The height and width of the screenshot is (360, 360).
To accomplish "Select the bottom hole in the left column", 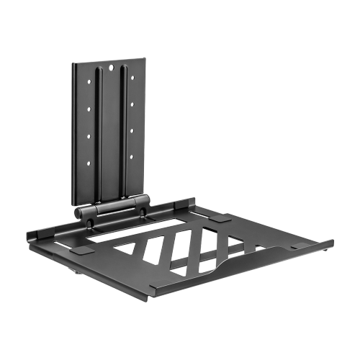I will [89, 164].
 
